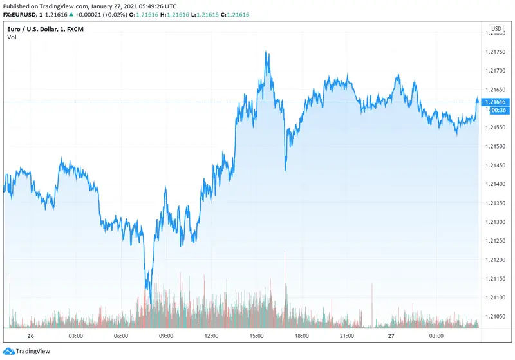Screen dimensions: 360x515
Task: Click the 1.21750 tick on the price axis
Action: click(x=498, y=52)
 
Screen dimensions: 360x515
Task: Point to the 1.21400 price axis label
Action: click(x=498, y=184)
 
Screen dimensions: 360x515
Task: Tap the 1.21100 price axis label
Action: click(x=498, y=298)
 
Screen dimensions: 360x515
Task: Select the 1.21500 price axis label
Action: click(x=498, y=146)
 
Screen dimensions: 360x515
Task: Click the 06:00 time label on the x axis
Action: click(x=121, y=336)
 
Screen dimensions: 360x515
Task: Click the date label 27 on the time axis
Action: click(x=391, y=336)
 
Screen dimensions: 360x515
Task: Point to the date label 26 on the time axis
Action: click(x=30, y=336)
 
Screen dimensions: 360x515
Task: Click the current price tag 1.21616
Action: click(x=499, y=102)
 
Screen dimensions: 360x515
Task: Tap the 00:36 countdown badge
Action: click(x=497, y=111)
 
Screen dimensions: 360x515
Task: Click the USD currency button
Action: click(x=496, y=29)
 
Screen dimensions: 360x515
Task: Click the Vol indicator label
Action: click(x=12, y=38)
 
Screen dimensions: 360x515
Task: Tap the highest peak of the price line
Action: click(x=267, y=52)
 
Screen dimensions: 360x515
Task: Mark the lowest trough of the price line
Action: click(x=151, y=303)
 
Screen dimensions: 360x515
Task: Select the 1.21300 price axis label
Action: click(x=498, y=222)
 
